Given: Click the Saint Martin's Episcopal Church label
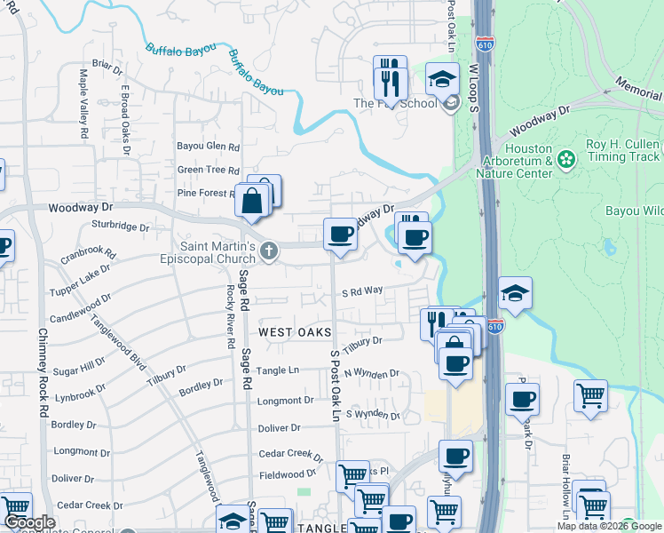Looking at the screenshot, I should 219,253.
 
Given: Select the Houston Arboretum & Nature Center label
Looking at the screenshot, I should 520,162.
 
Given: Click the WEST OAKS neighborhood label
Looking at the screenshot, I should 289,331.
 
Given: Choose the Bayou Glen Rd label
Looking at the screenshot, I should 209,147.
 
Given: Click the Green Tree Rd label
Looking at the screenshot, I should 209,170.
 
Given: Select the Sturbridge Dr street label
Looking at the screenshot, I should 119,227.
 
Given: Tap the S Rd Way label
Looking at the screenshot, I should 362,290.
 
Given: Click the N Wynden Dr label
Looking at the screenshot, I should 372,374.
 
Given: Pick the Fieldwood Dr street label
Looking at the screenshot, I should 288,475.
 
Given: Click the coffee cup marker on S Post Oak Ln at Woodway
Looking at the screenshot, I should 339,235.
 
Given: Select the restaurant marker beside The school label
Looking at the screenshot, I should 390,77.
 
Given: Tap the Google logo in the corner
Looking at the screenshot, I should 28,522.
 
